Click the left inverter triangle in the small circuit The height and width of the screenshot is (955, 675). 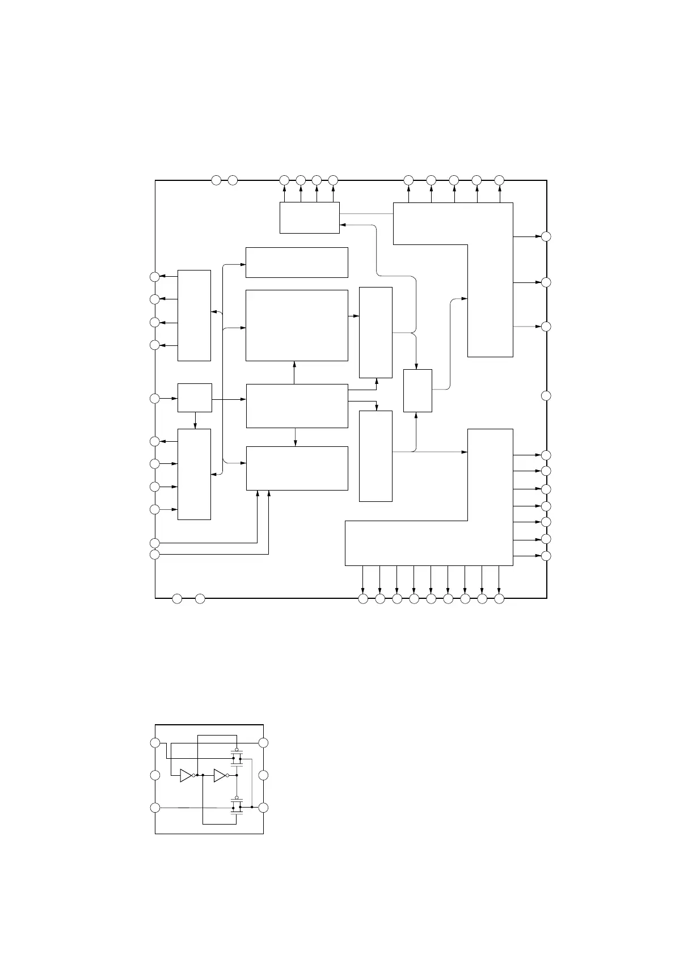tap(186, 775)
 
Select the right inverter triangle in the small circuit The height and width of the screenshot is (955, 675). tap(220, 775)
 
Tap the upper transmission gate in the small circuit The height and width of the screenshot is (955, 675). tap(237, 758)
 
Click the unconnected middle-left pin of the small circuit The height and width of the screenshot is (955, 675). tap(155, 775)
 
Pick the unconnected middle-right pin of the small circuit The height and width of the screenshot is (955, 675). tap(263, 775)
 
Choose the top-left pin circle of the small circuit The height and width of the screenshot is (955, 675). tap(155, 743)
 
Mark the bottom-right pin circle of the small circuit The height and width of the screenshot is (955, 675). tap(263, 808)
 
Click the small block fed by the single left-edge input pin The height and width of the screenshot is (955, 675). tap(195, 398)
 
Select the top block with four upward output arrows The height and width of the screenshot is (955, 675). tap(309, 217)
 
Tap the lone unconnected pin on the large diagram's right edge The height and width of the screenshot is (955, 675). tap(546, 395)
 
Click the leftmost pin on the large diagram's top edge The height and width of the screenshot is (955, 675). tap(216, 180)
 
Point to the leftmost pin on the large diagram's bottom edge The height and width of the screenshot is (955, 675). tap(177, 598)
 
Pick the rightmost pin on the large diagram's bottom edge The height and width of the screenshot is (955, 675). tap(499, 598)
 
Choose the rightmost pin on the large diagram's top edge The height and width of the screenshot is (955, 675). tap(499, 180)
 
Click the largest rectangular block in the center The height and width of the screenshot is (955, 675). tap(296, 325)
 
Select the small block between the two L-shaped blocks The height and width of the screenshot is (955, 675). tap(417, 390)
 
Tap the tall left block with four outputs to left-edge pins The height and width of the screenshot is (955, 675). tap(194, 315)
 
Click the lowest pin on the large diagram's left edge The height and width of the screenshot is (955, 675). tap(155, 554)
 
